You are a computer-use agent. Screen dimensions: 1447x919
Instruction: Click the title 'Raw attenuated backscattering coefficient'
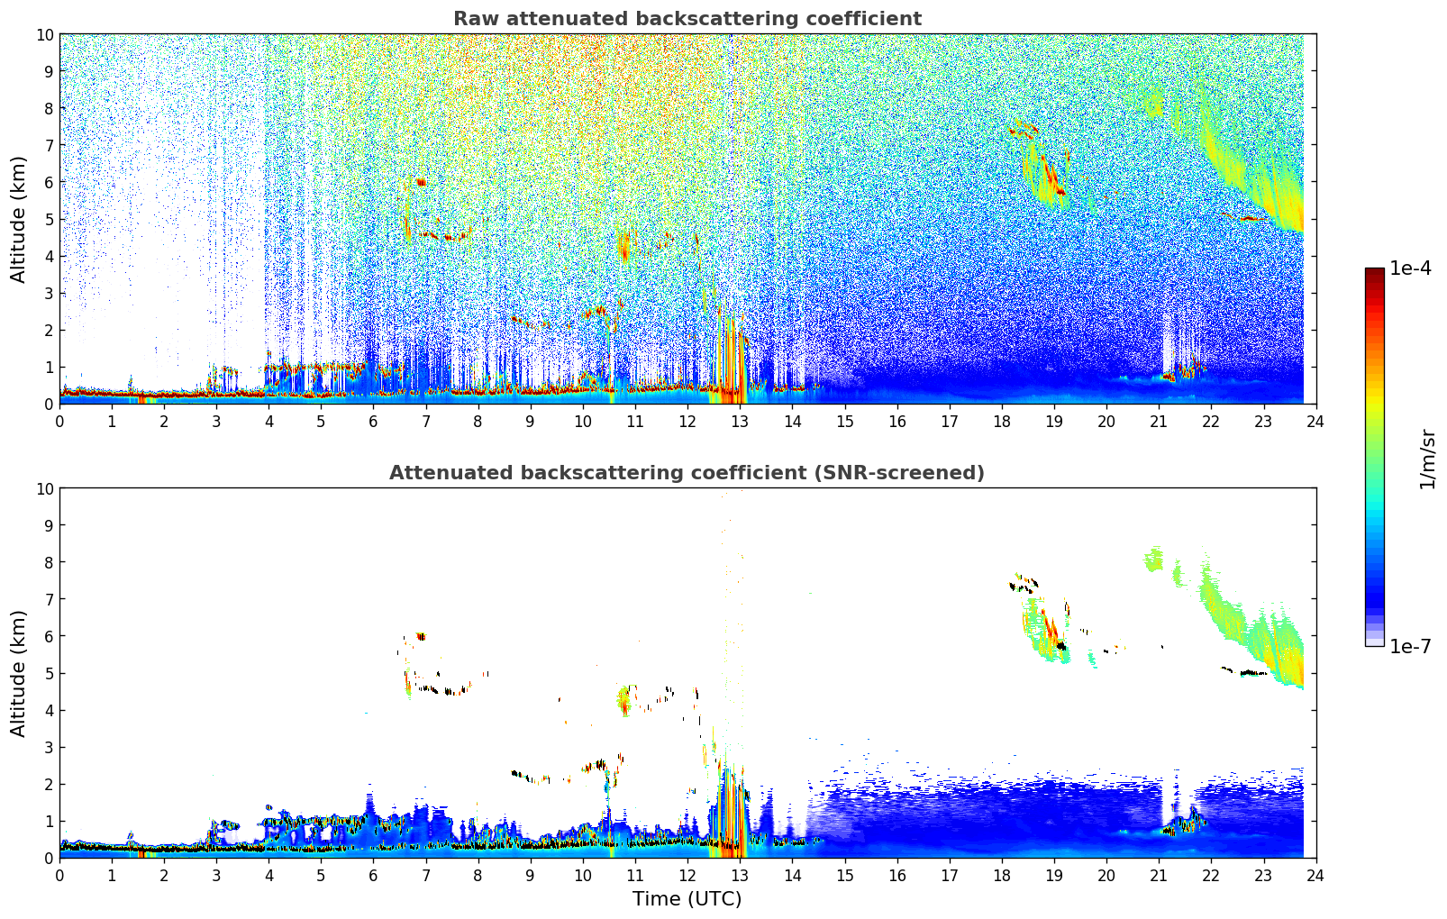click(x=687, y=19)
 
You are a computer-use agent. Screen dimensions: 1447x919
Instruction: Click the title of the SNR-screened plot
click(x=687, y=473)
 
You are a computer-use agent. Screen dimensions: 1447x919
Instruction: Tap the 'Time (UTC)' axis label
click(x=687, y=898)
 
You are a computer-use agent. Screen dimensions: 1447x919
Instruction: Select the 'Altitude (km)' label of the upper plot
click(x=18, y=220)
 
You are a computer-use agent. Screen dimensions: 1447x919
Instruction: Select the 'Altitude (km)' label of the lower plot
click(x=18, y=674)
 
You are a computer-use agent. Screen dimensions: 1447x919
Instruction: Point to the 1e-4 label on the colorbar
click(x=1410, y=268)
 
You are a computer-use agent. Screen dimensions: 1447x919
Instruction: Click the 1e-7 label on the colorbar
click(x=1410, y=647)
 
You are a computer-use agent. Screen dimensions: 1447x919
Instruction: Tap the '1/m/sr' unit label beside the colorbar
click(x=1426, y=459)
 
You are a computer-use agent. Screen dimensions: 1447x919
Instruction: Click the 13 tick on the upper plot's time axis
click(x=740, y=422)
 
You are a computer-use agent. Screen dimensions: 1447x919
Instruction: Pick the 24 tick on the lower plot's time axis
click(x=1315, y=876)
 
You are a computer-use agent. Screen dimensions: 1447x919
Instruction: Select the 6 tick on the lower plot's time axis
click(x=373, y=876)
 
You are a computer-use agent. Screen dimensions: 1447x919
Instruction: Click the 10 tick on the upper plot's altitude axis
click(x=44, y=35)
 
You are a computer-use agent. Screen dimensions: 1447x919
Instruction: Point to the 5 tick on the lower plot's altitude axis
click(x=49, y=674)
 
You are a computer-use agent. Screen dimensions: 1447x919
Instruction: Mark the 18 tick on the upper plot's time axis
click(x=1001, y=422)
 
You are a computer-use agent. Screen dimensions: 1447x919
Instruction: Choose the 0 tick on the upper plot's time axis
click(x=59, y=422)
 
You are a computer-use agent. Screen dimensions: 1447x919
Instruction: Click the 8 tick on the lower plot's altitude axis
click(x=49, y=562)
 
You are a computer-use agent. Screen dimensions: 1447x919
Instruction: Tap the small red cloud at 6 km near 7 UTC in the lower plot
click(x=421, y=636)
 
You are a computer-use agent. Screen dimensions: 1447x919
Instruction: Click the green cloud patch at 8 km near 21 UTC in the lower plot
click(x=1153, y=559)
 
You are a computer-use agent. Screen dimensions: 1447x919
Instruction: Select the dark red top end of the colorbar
click(x=1375, y=271)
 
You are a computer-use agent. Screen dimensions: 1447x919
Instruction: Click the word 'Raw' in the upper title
click(x=477, y=19)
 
